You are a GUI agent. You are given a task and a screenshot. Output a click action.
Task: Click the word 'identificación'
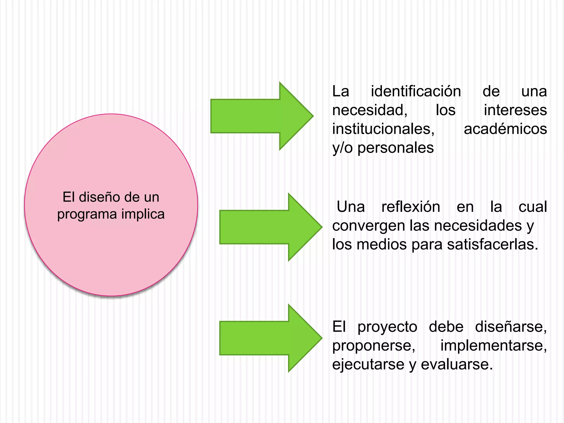coord(416,91)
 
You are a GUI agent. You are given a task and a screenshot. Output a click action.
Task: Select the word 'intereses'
coord(515,110)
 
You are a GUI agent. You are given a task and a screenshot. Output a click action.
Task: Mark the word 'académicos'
coord(505,129)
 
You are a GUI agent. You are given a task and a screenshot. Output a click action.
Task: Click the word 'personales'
coord(395,148)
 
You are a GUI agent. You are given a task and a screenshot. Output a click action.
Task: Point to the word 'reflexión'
coord(411,207)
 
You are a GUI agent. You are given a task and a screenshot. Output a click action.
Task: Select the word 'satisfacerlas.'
coord(492,244)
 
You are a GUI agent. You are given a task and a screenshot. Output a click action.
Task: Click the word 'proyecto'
coord(387,327)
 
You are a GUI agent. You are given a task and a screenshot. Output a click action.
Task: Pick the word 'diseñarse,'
coord(511,327)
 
